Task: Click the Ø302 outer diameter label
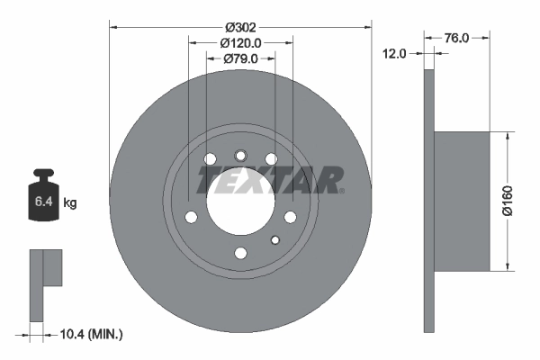[240, 13]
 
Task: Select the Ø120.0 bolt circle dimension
[240, 42]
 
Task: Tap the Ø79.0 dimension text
[240, 59]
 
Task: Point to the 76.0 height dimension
[457, 38]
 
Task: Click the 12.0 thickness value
[395, 54]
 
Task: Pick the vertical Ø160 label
[508, 200]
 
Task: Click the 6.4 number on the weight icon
[42, 202]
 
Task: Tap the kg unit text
[70, 203]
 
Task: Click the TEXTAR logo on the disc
[270, 180]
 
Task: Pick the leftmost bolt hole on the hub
[191, 217]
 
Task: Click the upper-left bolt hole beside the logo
[211, 160]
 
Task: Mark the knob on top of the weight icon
[42, 173]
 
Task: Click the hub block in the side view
[462, 201]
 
